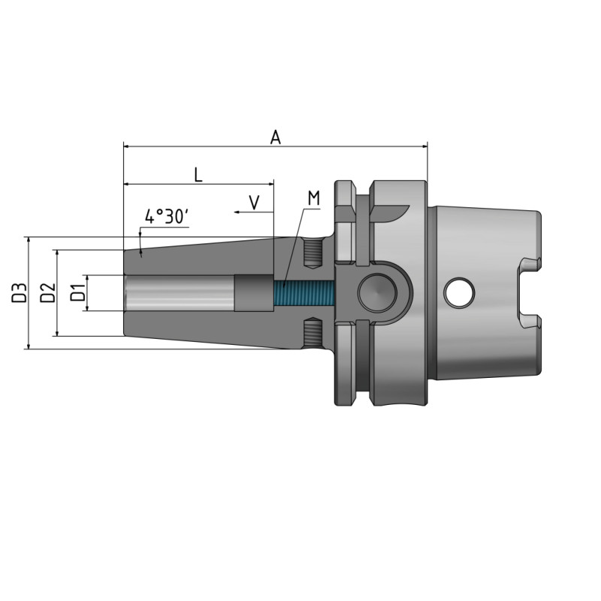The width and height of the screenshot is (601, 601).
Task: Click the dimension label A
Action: [276, 137]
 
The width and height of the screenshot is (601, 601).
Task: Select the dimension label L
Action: [198, 174]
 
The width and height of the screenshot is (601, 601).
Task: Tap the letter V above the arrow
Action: [254, 201]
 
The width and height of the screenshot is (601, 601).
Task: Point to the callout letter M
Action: [313, 198]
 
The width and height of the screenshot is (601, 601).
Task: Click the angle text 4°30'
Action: [166, 217]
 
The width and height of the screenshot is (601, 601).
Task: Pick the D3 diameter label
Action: [20, 293]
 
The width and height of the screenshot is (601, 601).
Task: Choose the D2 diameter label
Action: [47, 293]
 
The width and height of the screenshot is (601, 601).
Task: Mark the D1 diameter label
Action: [77, 293]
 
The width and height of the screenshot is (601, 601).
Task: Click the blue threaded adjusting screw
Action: [300, 293]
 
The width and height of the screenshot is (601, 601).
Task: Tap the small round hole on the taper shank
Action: [459, 293]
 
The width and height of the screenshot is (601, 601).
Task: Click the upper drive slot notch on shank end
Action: [529, 264]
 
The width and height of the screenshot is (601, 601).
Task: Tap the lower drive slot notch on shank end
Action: [529, 322]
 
